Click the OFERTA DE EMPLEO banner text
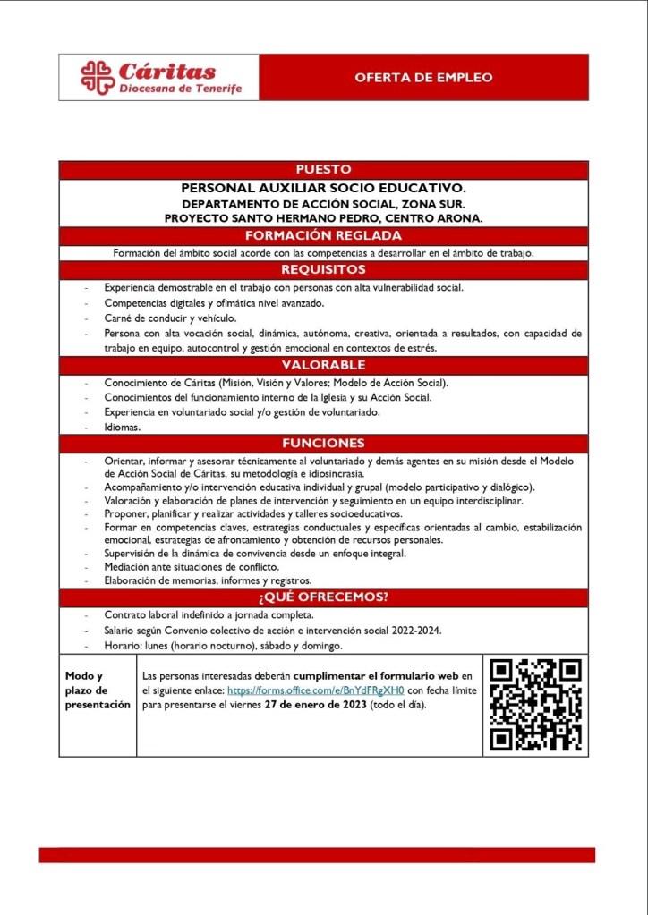pyautogui.click(x=423, y=78)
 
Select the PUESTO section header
pyautogui.click(x=323, y=170)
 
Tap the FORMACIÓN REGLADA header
pyautogui.click(x=323, y=236)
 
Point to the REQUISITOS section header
pyautogui.click(x=323, y=269)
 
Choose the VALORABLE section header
pyautogui.click(x=323, y=365)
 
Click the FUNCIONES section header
pyautogui.click(x=323, y=443)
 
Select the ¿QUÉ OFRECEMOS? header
pyautogui.click(x=323, y=597)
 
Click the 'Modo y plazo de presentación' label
pyautogui.click(x=98, y=690)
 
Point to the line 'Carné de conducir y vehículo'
pyautogui.click(x=169, y=318)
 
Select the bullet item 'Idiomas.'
pyautogui.click(x=123, y=428)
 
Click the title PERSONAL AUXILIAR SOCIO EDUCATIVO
pyautogui.click(x=323, y=189)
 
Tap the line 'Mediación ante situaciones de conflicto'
pyautogui.click(x=192, y=567)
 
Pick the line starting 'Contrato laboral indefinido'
pyautogui.click(x=208, y=615)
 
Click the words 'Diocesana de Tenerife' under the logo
pyautogui.click(x=181, y=89)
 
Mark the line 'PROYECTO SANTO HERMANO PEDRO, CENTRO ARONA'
pyautogui.click(x=323, y=217)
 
